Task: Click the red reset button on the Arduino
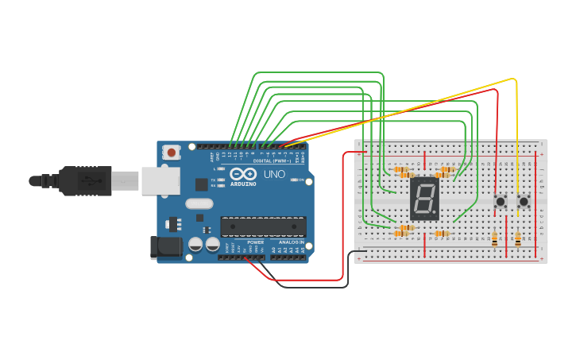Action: pos(171,151)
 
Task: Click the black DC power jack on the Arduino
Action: pos(165,246)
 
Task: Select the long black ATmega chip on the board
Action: pos(263,226)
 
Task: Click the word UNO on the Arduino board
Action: pos(274,174)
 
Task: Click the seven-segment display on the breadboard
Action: pos(424,199)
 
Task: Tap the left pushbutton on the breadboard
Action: pos(501,202)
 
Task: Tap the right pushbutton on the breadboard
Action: pos(524,202)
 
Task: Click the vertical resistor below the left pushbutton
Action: pos(496,238)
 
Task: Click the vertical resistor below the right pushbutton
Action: pos(519,238)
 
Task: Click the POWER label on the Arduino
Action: pos(255,242)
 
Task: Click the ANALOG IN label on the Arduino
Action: pos(291,242)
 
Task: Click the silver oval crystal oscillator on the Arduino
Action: pos(199,203)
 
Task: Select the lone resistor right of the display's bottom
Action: pos(442,234)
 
